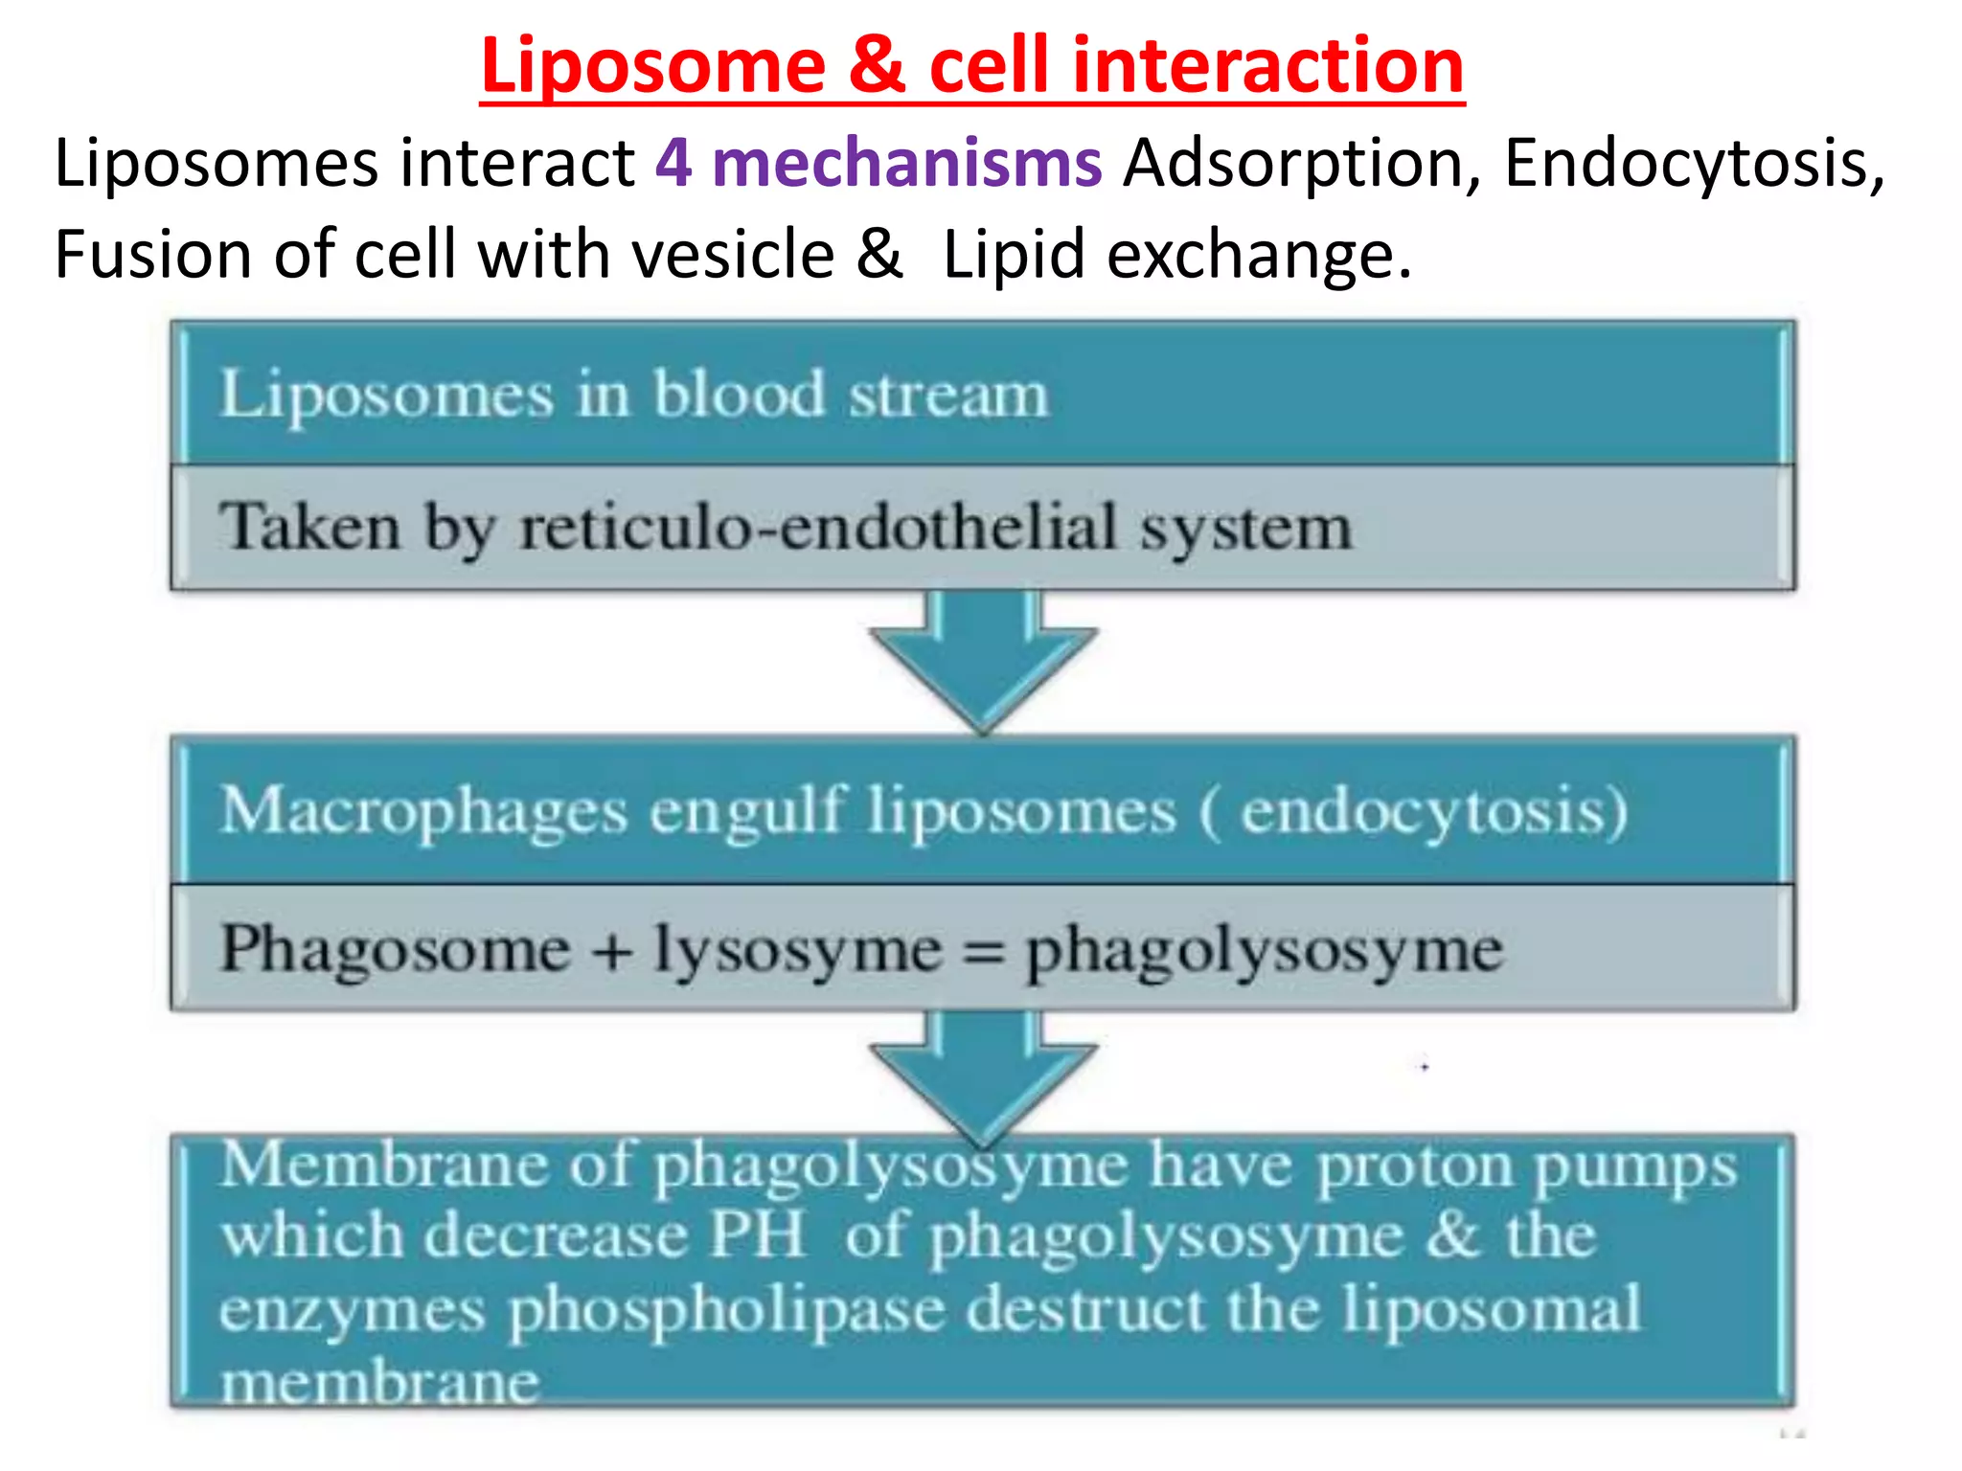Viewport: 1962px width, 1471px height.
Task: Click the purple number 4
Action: click(673, 163)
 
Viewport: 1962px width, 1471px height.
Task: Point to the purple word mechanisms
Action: click(906, 163)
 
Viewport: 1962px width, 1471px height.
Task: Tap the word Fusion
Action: click(152, 255)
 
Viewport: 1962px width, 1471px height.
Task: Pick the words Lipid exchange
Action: click(1176, 255)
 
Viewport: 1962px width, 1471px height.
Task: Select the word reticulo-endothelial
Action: click(818, 528)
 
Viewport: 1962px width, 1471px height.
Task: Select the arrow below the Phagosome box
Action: click(983, 1077)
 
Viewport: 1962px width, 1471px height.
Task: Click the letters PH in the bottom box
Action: click(757, 1235)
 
